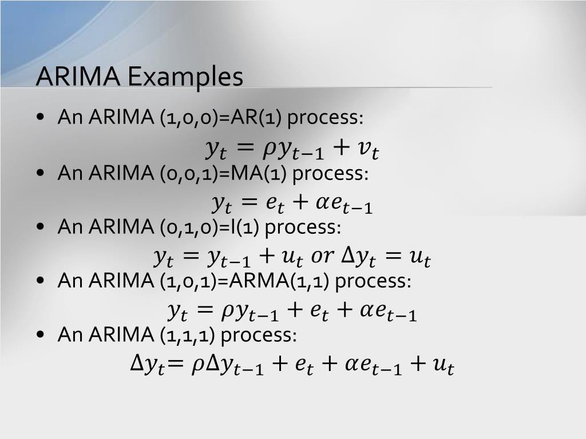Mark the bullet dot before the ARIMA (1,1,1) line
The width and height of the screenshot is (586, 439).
coord(39,336)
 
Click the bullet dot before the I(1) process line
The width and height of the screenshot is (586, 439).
coord(39,228)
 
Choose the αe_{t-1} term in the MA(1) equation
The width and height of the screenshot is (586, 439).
coord(350,203)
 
